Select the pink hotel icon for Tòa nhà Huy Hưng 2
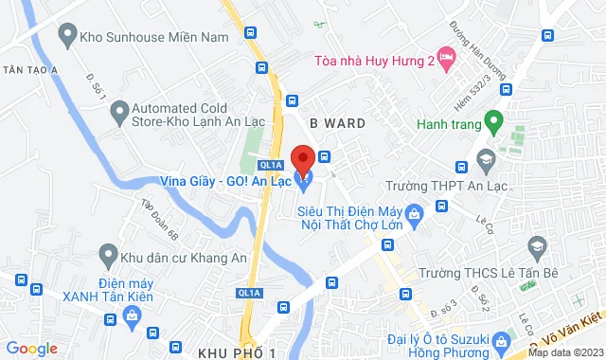tap(446, 60)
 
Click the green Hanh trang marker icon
tap(492, 120)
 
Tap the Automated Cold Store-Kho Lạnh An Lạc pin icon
tap(119, 115)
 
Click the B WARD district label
tap(337, 122)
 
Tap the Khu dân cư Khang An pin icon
tap(107, 255)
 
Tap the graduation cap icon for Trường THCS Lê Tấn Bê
tap(537, 247)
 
